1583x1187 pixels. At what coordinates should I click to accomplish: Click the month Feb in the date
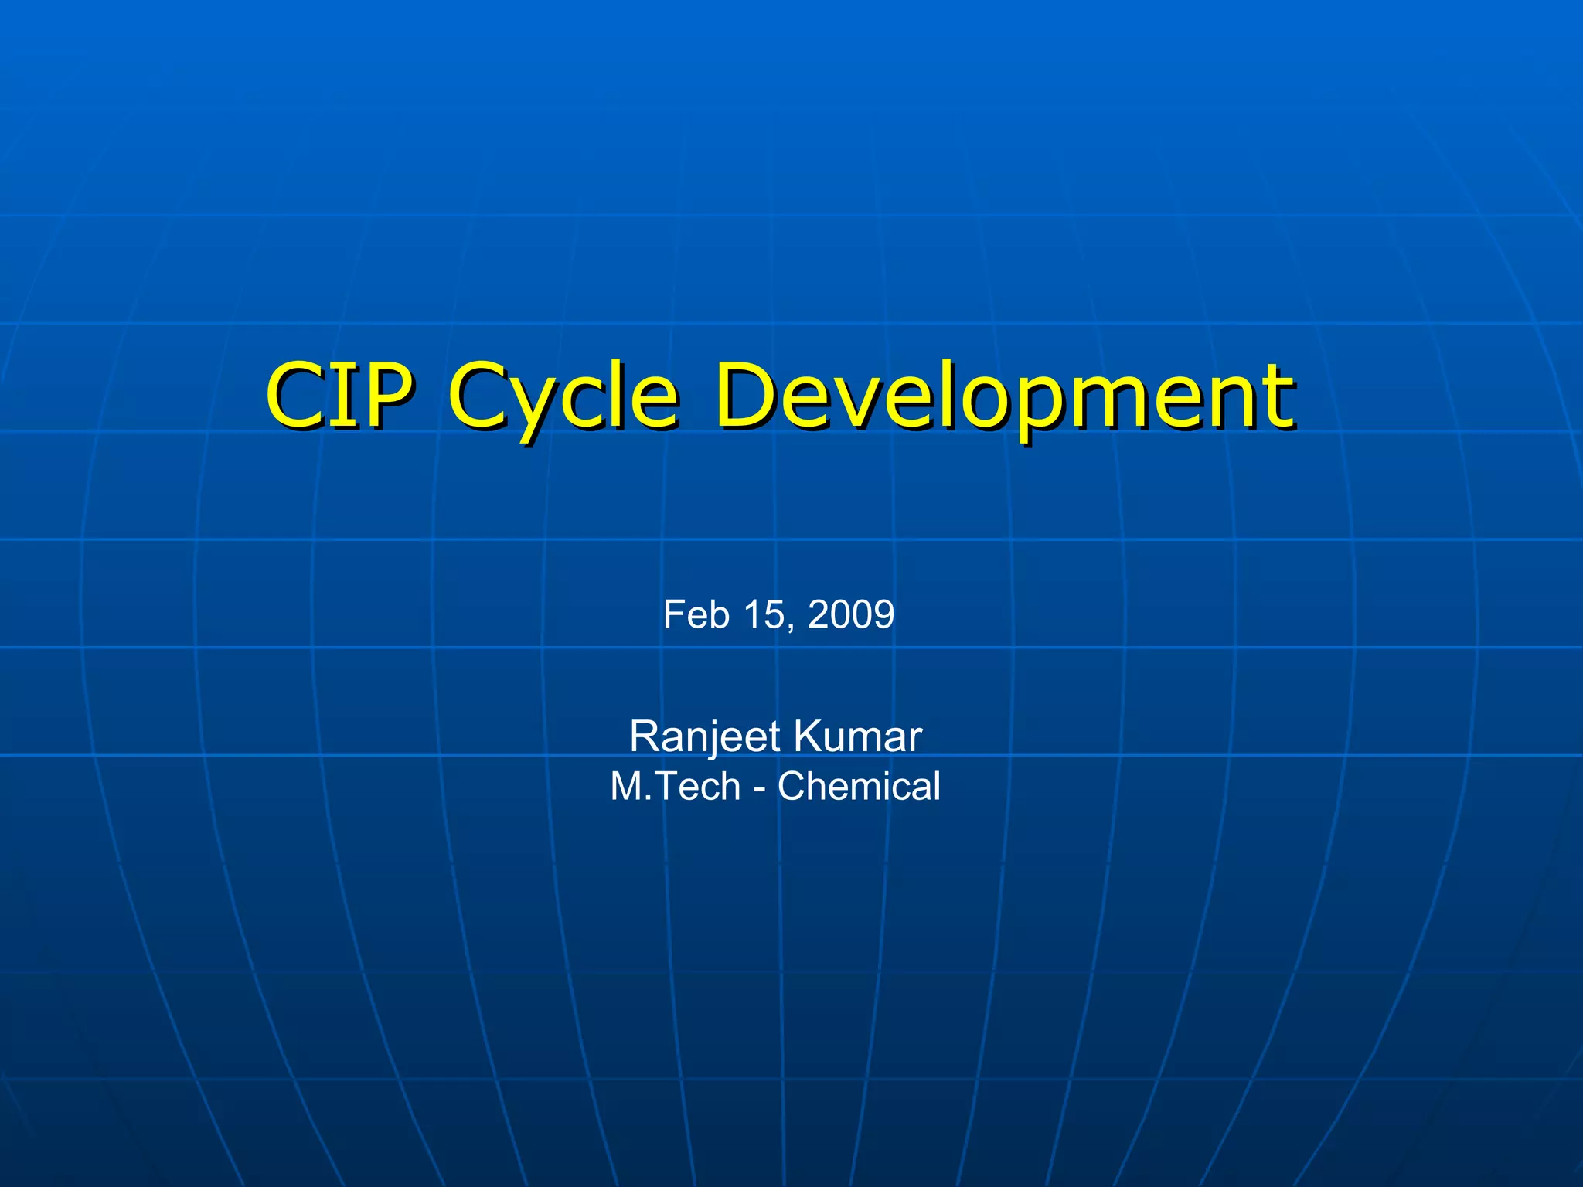(696, 615)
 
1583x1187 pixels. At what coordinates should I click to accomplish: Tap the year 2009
(850, 615)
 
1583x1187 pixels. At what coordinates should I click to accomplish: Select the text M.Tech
(675, 787)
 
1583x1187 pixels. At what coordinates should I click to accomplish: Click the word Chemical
(859, 787)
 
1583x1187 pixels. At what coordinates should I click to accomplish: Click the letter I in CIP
(341, 396)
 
